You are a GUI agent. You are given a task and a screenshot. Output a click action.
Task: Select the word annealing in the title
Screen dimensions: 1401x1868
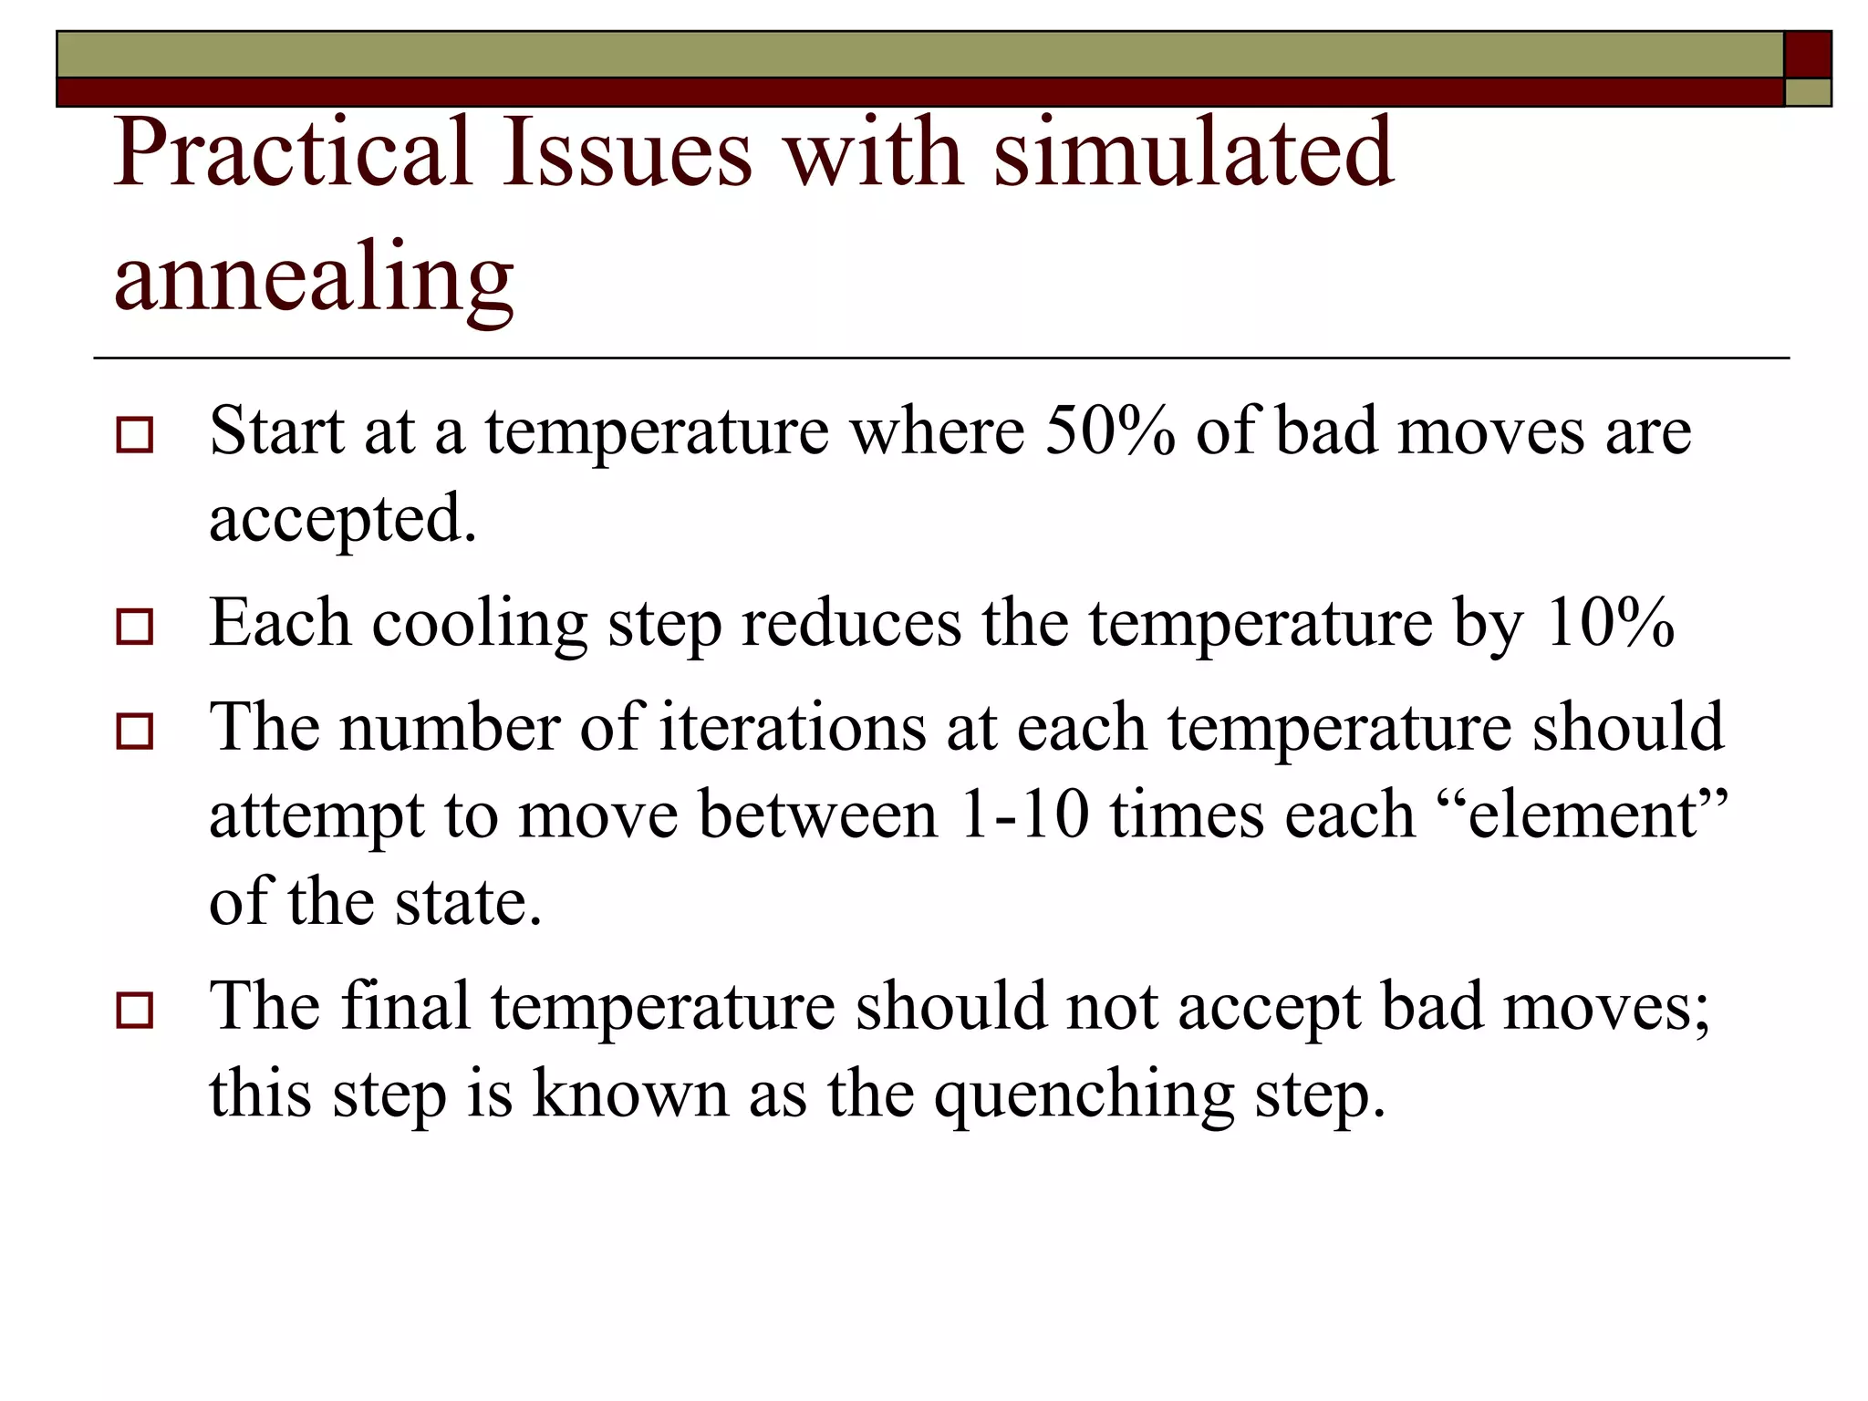pos(314,278)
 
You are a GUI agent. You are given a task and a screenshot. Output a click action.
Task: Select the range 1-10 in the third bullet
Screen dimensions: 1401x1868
pos(1024,814)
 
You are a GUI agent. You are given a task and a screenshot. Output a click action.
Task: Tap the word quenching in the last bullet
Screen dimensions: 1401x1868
pos(1084,1095)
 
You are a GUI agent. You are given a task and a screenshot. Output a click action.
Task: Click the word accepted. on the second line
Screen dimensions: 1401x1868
pos(343,518)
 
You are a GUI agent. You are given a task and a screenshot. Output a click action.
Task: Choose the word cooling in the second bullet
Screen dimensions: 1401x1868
pos(479,625)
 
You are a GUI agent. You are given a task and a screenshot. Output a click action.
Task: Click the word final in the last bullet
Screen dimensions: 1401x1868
pos(406,1006)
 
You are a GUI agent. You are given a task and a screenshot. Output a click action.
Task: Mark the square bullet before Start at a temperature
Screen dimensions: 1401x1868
pos(135,435)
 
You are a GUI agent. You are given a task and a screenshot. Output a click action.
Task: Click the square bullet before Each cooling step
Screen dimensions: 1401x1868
pos(135,627)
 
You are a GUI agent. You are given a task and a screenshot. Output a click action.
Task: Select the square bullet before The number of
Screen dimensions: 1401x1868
pos(135,732)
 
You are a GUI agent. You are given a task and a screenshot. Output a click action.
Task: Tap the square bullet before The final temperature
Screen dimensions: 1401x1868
pos(135,1011)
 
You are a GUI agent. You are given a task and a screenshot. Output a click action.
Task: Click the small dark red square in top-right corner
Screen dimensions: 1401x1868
pos(1807,55)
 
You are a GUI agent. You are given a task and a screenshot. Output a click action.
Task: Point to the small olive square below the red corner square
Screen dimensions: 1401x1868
pos(1807,92)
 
